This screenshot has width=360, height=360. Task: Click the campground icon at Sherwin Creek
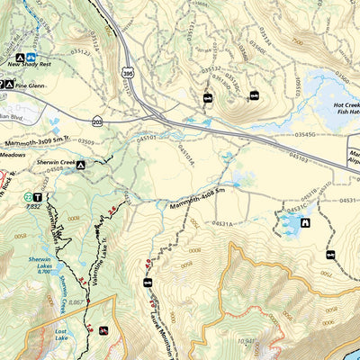click(80, 166)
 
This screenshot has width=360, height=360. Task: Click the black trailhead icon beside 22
click(39, 196)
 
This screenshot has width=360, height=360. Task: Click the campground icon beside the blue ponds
click(305, 223)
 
